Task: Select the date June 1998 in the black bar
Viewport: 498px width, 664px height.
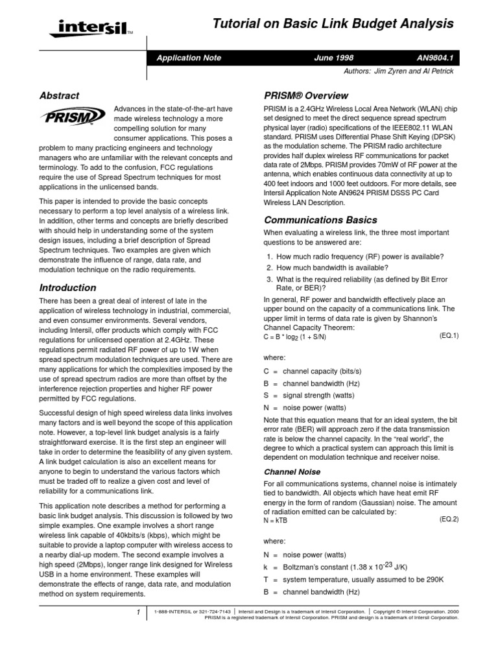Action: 333,58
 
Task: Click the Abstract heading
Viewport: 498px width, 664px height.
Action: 59,95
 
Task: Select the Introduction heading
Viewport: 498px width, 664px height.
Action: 67,287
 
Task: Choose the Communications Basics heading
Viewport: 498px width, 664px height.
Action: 320,220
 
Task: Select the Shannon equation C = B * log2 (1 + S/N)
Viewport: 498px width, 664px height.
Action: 294,337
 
